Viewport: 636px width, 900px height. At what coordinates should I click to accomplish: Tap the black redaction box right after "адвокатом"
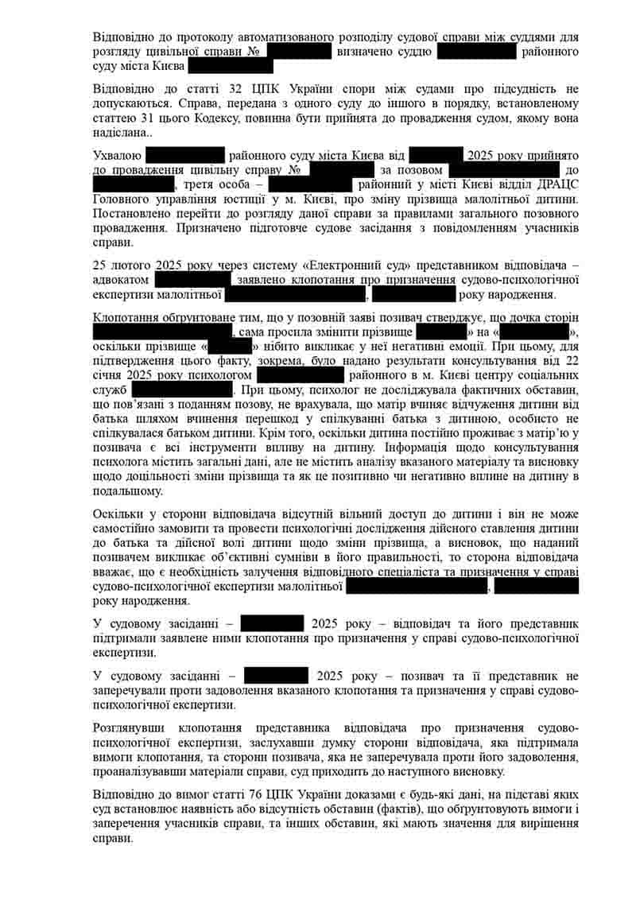[192, 280]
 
